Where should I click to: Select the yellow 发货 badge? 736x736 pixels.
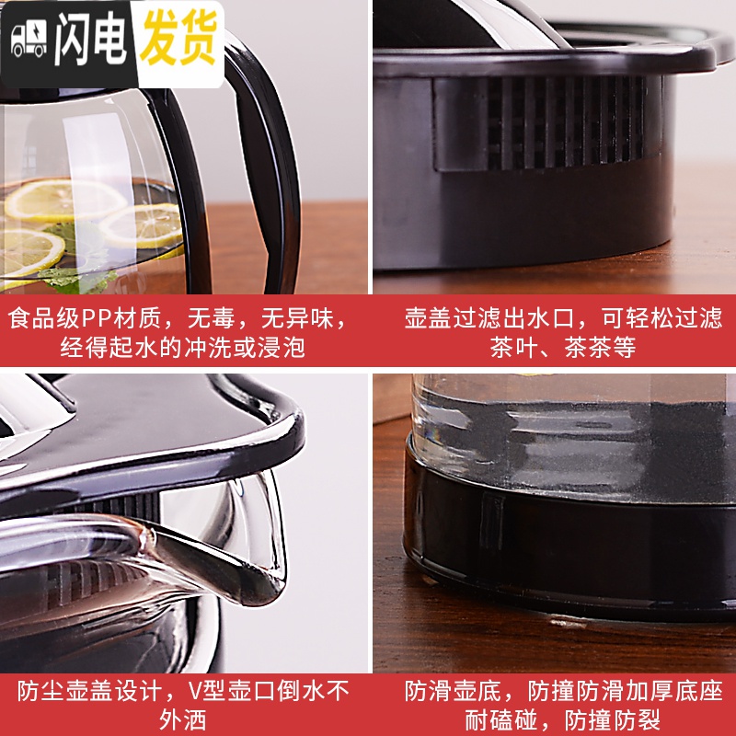click(179, 37)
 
